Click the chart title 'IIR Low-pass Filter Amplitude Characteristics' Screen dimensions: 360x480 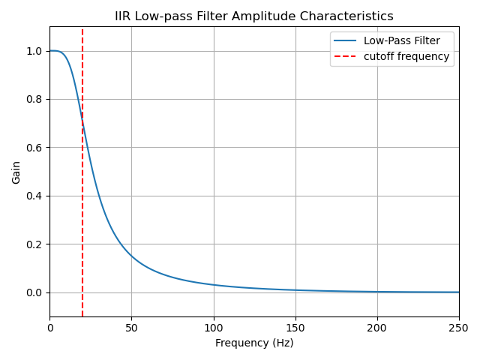tap(253, 16)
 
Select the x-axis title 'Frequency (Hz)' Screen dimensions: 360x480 tap(254, 343)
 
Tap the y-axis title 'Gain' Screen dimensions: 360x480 tap(16, 172)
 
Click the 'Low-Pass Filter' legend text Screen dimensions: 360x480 tap(401, 40)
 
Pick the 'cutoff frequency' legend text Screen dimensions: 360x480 tap(406, 56)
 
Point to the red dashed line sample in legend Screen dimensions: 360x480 tap(346, 56)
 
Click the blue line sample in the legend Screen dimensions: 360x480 tap(346, 40)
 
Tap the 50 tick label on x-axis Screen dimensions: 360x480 tap(131, 327)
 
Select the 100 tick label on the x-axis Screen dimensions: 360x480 tap(213, 327)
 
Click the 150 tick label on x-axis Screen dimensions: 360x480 tap(295, 327)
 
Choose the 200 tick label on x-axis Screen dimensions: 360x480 tap(376, 327)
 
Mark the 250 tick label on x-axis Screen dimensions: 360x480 tap(458, 327)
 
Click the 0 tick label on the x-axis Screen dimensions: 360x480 tap(50, 327)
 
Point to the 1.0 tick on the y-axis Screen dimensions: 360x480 tap(34, 51)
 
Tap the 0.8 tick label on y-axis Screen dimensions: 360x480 tap(34, 99)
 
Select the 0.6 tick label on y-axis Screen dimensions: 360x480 tap(34, 148)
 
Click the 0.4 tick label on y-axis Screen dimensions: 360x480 tap(34, 196)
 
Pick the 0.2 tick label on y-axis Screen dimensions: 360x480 tap(34, 244)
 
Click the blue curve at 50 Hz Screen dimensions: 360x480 tap(131, 256)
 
